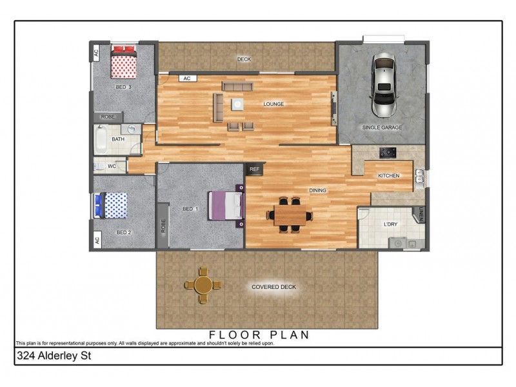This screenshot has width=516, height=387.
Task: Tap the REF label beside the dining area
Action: click(x=254, y=169)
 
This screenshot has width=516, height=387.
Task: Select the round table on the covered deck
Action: click(x=203, y=284)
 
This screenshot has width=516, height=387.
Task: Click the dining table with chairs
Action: click(x=292, y=215)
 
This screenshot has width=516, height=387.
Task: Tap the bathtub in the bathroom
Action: click(x=101, y=139)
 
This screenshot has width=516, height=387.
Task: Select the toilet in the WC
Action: click(x=99, y=166)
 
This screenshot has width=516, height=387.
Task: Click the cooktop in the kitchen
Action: click(x=388, y=153)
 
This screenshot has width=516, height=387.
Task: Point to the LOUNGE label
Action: click(x=273, y=104)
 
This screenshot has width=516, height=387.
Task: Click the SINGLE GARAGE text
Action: click(x=382, y=128)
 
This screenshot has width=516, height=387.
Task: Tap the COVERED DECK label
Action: click(x=274, y=286)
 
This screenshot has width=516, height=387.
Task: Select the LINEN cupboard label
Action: click(x=421, y=213)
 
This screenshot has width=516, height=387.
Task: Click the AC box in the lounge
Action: click(x=186, y=78)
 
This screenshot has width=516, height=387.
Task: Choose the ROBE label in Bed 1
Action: click(x=164, y=225)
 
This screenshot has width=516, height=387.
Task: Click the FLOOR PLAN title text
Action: click(x=259, y=335)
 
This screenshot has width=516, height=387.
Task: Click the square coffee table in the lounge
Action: click(x=239, y=104)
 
